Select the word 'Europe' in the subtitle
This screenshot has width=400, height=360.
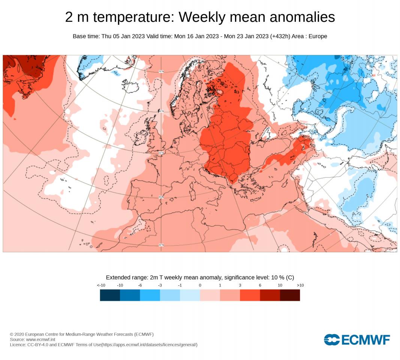click(x=318, y=36)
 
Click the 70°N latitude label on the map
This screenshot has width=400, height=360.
click(x=161, y=71)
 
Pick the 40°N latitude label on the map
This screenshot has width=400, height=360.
click(x=161, y=197)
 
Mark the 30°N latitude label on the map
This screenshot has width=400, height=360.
click(x=161, y=245)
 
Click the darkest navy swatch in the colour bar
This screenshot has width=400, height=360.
click(x=110, y=295)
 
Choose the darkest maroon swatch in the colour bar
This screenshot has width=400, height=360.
click(x=290, y=295)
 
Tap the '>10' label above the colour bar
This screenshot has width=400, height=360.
click(x=300, y=285)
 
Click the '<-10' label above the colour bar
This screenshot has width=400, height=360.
click(x=101, y=285)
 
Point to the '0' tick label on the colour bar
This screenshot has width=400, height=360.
click(x=200, y=285)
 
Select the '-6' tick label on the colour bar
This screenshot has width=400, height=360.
click(x=140, y=285)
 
